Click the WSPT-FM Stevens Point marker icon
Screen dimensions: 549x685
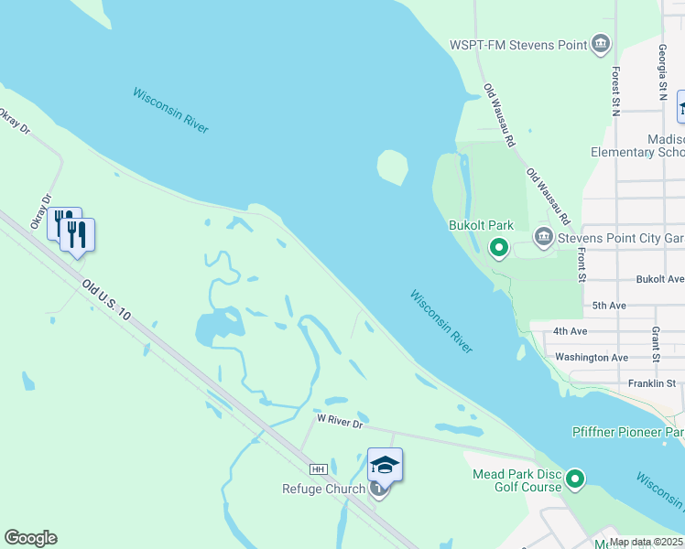tap(601, 43)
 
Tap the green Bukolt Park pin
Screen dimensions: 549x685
tap(499, 247)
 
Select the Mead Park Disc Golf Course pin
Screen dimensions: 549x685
tap(575, 479)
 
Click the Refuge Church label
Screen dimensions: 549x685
tap(323, 490)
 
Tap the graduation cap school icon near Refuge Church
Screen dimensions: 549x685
tap(386, 466)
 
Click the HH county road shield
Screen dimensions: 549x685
tap(319, 469)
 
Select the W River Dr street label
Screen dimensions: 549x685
tap(341, 420)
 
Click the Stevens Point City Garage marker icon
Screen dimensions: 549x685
tap(543, 238)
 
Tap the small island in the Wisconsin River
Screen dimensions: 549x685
tap(392, 167)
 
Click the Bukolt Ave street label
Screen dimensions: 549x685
tap(662, 278)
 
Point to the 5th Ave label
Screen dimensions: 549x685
tap(611, 305)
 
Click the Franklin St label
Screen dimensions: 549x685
tap(652, 383)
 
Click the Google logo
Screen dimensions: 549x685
tap(30, 538)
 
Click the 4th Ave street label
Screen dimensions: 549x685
tap(571, 330)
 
